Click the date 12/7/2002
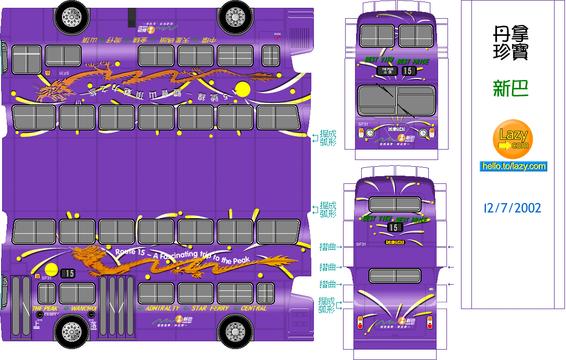point(512,208)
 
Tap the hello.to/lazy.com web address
point(513,166)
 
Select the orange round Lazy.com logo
point(513,139)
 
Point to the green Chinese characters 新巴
point(510,88)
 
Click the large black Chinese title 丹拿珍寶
point(510,44)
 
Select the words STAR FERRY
point(210,308)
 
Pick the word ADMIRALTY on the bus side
point(162,308)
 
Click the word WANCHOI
point(84,309)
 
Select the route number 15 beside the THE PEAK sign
point(409,71)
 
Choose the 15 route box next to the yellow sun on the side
point(68,273)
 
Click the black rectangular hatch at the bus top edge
point(131,17)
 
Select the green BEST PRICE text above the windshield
point(413,62)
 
